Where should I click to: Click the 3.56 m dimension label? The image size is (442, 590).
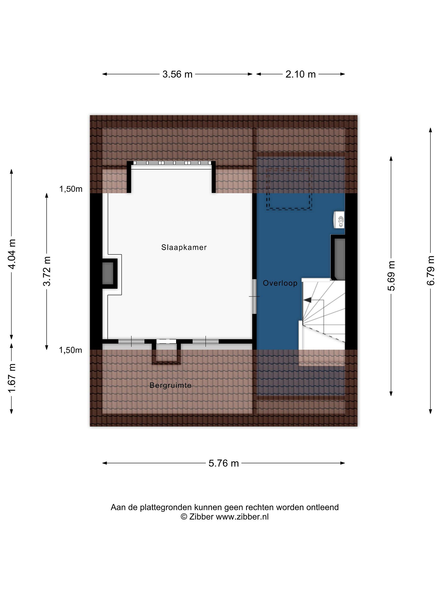coord(177,74)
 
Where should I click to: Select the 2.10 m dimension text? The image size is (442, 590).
coord(301,74)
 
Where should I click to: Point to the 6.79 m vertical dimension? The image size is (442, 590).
coord(431,271)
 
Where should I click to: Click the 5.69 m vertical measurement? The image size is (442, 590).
coord(391,276)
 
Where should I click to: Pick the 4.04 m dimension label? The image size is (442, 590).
coord(12,254)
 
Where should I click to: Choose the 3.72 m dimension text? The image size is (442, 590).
coord(47,271)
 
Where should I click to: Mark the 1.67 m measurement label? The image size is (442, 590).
coord(12,378)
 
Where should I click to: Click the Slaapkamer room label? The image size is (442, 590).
coord(184,247)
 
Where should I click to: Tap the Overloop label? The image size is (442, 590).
coord(280,283)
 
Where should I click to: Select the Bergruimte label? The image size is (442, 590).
coord(170,385)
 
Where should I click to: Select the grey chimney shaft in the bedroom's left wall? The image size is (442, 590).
coord(108,274)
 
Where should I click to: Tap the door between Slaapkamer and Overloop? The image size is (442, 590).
coord(254,296)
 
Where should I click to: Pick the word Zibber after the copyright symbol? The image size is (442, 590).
coord(201,517)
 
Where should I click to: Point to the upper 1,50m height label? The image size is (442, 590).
coord(71,189)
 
